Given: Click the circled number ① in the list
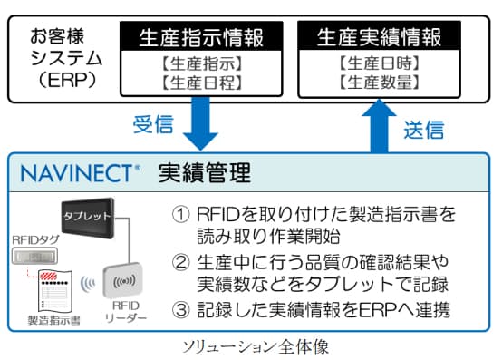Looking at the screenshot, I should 180,216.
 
